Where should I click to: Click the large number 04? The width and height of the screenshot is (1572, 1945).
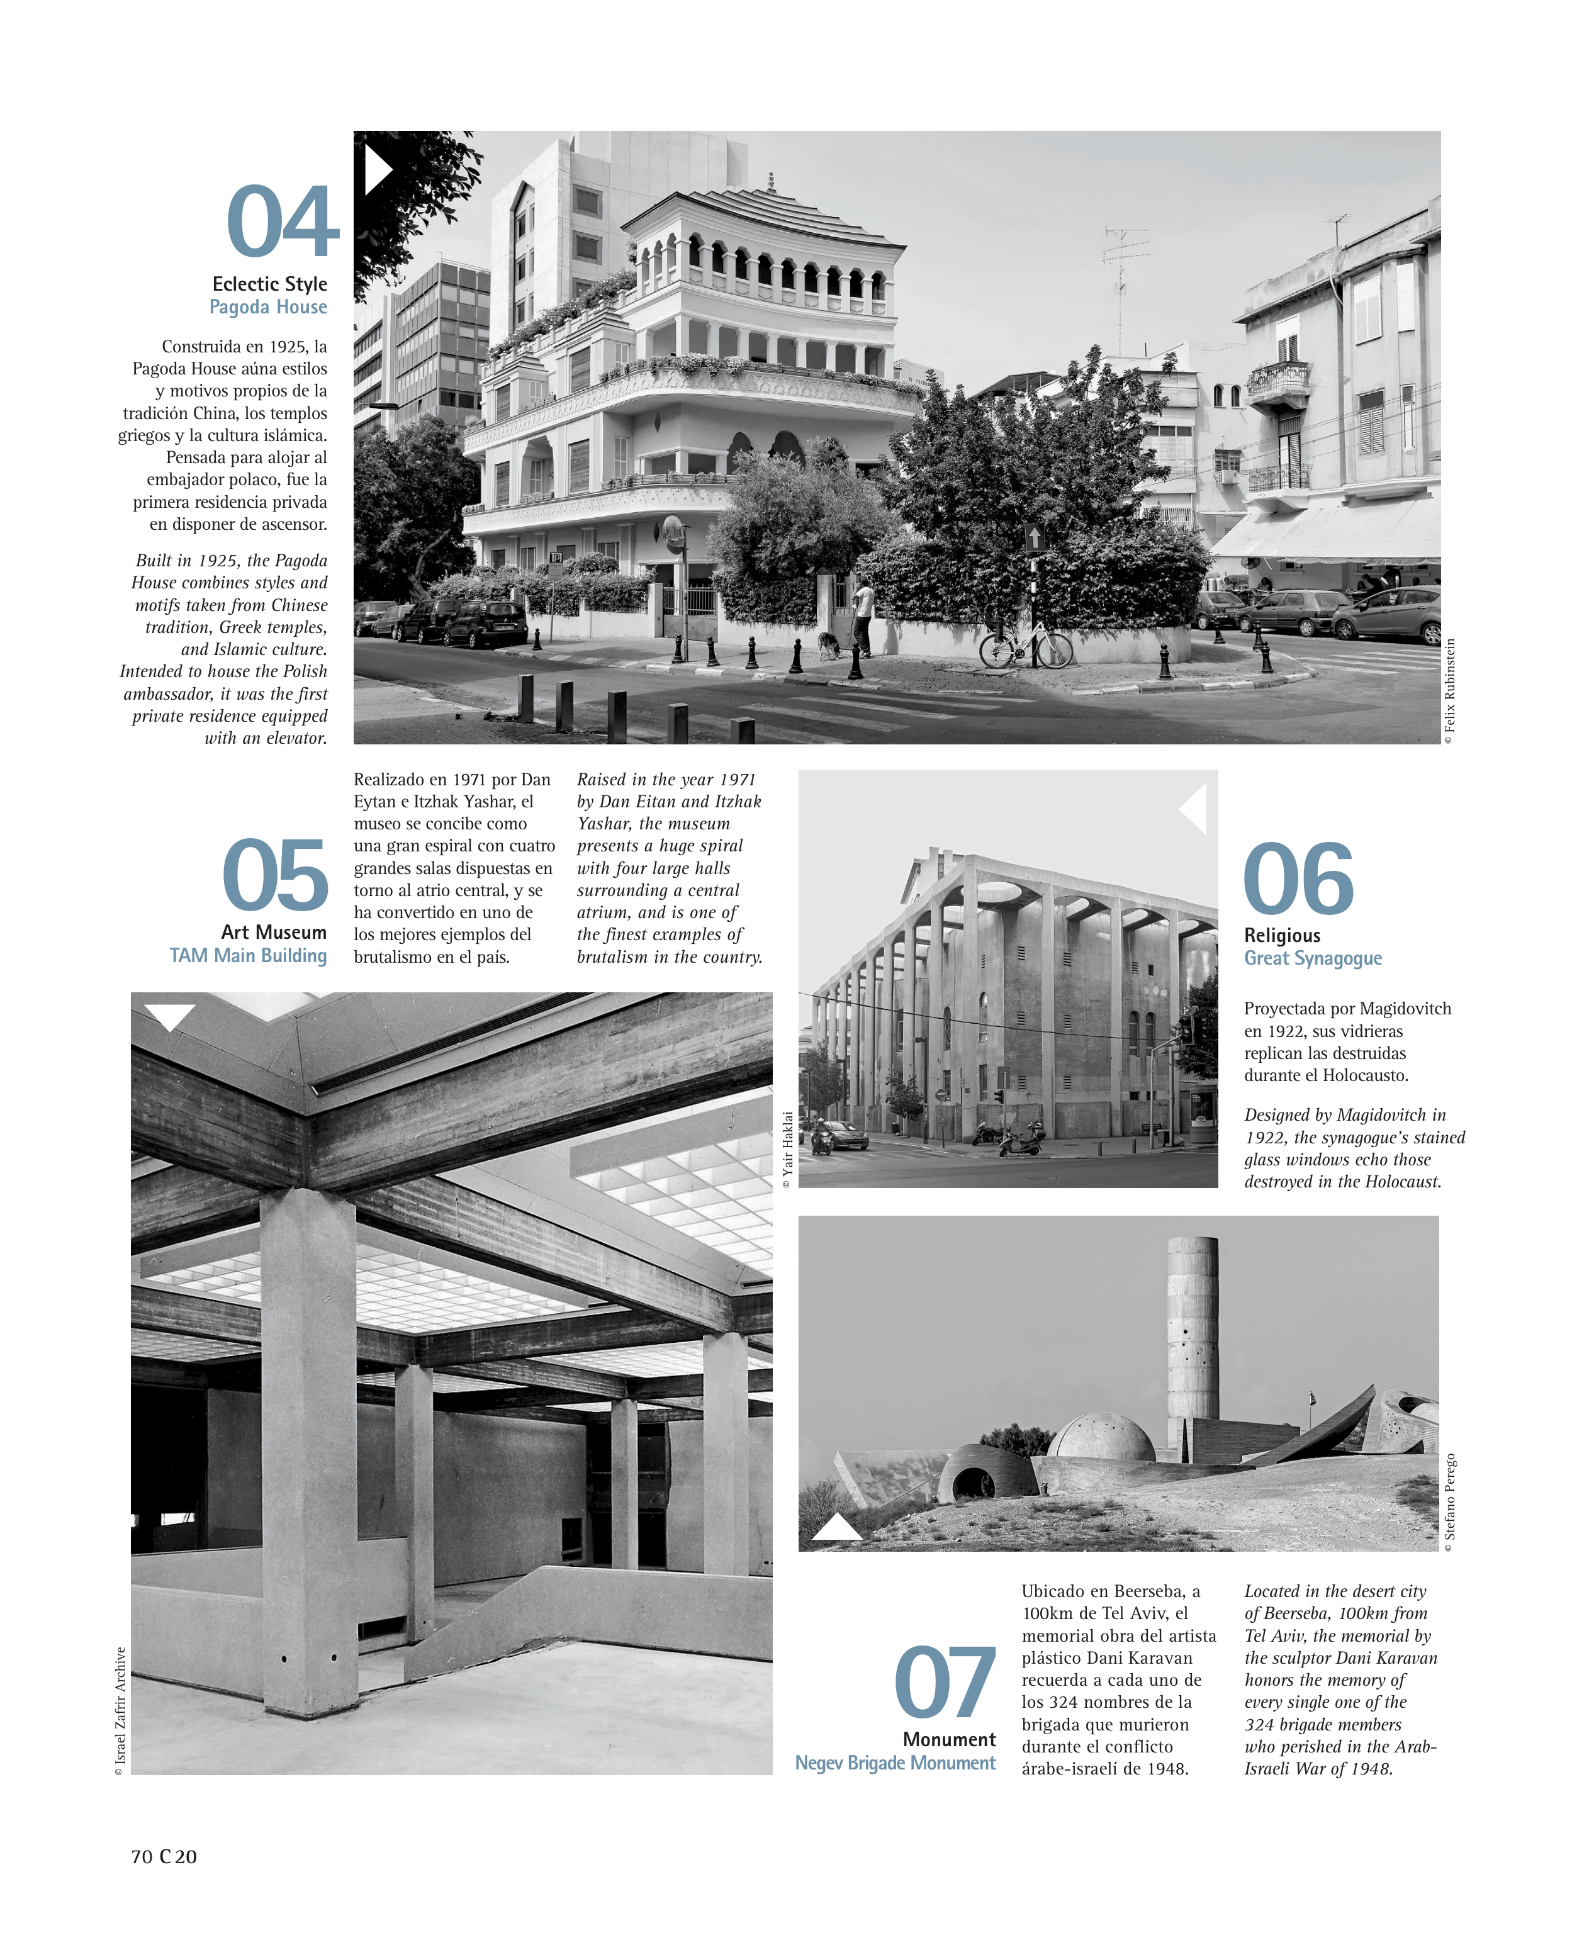282,222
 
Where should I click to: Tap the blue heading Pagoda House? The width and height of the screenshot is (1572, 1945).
268,307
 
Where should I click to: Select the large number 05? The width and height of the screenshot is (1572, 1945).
275,876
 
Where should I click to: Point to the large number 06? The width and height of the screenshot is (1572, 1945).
1298,878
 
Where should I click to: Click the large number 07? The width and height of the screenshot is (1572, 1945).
945,1683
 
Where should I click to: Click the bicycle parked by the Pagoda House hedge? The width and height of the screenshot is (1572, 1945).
1026,646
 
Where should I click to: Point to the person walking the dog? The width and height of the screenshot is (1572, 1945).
863,616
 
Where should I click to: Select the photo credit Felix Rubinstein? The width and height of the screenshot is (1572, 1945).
1450,691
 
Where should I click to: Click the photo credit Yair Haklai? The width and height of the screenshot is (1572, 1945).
787,1150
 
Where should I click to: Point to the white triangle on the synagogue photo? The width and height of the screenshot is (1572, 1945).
1194,809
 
